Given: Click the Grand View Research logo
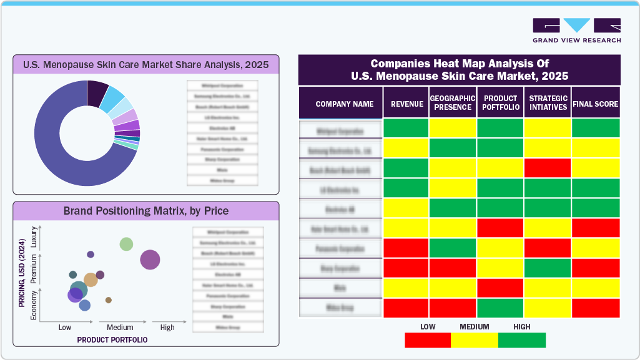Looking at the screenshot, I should (x=576, y=31).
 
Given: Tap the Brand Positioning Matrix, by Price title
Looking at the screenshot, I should (x=146, y=211).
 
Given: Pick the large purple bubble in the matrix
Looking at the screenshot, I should (x=150, y=260).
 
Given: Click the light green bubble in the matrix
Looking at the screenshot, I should (x=127, y=244).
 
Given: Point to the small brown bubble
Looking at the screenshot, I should (x=109, y=300).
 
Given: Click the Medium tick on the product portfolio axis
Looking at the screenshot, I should (x=120, y=327).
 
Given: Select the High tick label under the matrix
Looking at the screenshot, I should (x=167, y=327).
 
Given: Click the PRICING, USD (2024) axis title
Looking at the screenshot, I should (x=22, y=275).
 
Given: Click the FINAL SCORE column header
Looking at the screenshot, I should (x=595, y=104).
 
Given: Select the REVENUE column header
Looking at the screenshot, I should (x=406, y=104).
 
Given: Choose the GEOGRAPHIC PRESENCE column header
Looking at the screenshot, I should (x=453, y=103).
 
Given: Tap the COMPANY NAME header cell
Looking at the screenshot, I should (x=345, y=104).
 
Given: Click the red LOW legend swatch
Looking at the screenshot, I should (x=428, y=340).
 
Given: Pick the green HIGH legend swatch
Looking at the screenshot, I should (x=522, y=340).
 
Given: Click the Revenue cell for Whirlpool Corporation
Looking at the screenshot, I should (x=406, y=129).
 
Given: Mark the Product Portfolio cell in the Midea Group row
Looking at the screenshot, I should (x=500, y=308).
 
